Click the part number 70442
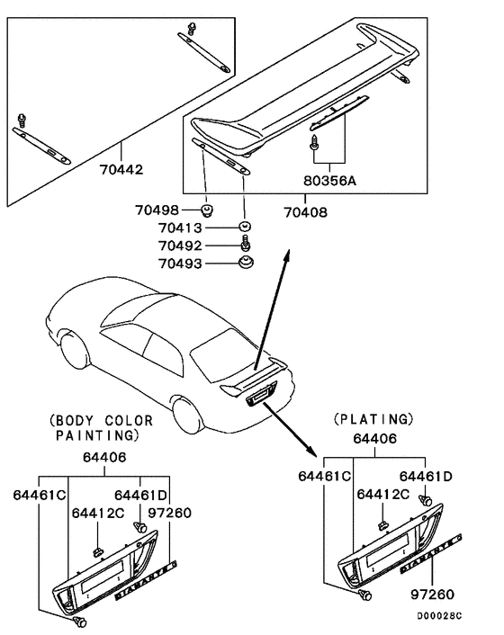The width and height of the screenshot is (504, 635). [122, 168]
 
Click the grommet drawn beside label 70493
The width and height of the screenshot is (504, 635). [244, 263]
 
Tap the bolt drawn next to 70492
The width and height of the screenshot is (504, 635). [244, 245]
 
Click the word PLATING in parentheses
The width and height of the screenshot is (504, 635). [373, 418]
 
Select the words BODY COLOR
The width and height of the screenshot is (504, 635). [102, 420]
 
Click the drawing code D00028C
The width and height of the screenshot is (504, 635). [439, 615]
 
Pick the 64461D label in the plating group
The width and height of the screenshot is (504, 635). [425, 475]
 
